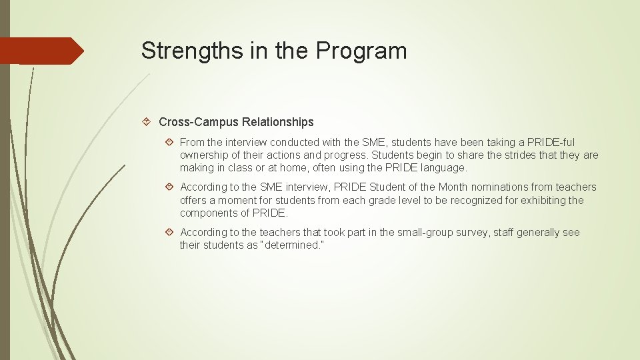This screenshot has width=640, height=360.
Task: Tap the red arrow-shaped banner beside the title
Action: [41, 51]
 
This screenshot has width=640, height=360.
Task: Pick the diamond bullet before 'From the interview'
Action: [171, 142]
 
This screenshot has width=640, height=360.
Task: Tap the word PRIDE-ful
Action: [551, 142]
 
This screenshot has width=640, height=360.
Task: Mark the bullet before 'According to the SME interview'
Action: [171, 187]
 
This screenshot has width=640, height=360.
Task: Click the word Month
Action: [454, 187]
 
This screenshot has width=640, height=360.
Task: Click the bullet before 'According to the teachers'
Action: [171, 233]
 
